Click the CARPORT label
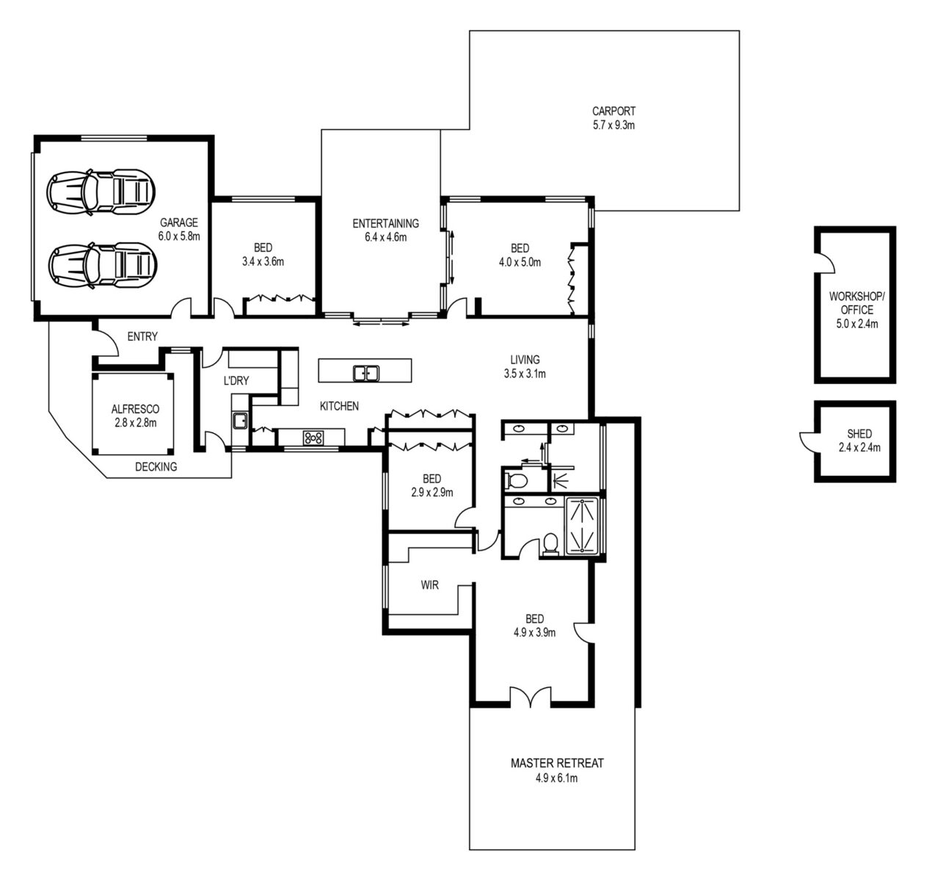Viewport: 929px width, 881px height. tap(613, 111)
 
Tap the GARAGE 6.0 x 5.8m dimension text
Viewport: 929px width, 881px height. tap(178, 236)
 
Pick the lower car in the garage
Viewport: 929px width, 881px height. tap(101, 265)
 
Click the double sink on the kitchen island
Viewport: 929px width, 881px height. tap(365, 373)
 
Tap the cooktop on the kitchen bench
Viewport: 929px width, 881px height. tap(313, 438)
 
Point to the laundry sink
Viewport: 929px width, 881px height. tap(239, 421)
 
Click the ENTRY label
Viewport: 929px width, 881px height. tap(142, 337)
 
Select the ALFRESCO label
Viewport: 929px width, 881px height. tap(135, 409)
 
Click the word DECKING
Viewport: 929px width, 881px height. tap(156, 467)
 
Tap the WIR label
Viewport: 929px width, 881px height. tap(429, 585)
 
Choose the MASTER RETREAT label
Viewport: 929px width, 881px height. tap(557, 764)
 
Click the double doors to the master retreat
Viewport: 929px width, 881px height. tap(531, 697)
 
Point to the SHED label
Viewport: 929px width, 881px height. tap(859, 434)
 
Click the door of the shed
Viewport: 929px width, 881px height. tap(809, 440)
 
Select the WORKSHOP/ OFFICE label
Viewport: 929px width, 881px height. tap(856, 303)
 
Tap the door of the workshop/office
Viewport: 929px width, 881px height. tap(827, 263)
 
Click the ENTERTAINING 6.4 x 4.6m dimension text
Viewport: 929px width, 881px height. tap(385, 237)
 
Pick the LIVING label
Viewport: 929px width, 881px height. tap(525, 360)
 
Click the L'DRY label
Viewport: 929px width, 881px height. tap(236, 381)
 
